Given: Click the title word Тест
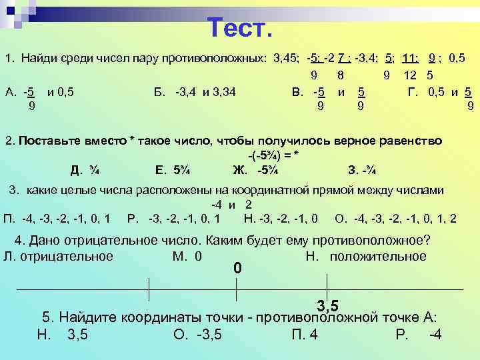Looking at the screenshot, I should [x=239, y=28].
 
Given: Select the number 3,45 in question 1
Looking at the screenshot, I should [x=287, y=59].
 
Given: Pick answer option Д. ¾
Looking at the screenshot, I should [x=85, y=168].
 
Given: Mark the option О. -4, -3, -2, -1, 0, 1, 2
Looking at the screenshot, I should [x=396, y=218].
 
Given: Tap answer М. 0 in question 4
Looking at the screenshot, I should [x=187, y=256].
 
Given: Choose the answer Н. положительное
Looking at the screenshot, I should [x=365, y=256].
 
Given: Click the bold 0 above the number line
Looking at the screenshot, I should [x=237, y=269].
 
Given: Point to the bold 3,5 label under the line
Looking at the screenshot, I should [x=327, y=306].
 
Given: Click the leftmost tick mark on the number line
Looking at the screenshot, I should [x=149, y=289].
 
